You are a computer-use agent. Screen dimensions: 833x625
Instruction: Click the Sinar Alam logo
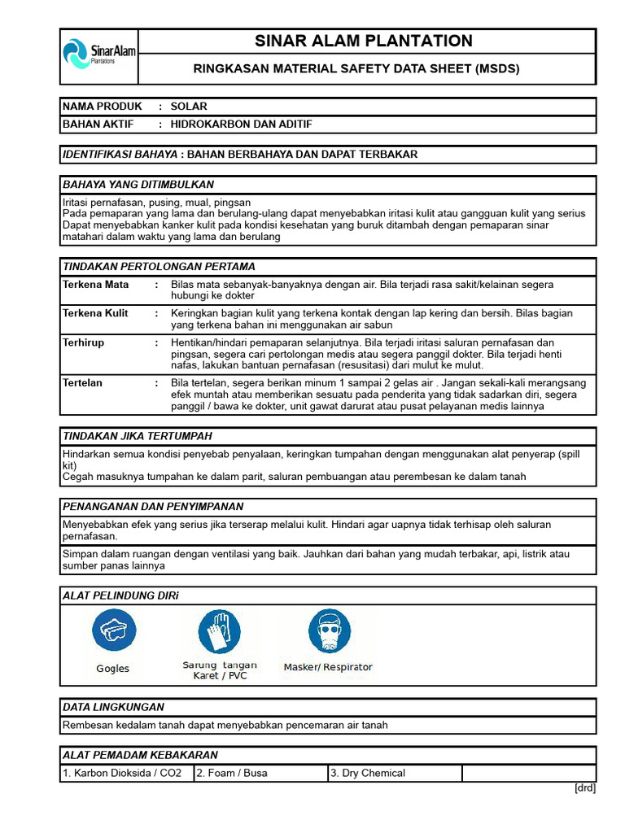99,55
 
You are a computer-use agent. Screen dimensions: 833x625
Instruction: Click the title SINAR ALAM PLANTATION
364,41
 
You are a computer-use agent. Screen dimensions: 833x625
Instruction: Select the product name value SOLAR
189,107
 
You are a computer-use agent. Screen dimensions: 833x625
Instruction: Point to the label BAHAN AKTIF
98,124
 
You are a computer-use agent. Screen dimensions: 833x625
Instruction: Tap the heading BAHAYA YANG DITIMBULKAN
138,185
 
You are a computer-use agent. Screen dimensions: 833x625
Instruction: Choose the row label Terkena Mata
95,285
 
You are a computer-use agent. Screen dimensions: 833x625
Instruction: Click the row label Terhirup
84,343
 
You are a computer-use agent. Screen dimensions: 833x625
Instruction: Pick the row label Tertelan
83,382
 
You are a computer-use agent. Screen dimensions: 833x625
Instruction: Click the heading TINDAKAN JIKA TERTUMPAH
142,436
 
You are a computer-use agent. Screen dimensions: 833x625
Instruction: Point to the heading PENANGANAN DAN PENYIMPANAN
153,506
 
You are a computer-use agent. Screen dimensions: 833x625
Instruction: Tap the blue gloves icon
219,631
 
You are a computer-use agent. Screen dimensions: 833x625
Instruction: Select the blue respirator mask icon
329,631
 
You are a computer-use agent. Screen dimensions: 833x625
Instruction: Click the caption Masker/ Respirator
328,667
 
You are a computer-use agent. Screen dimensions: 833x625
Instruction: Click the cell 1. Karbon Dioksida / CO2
127,773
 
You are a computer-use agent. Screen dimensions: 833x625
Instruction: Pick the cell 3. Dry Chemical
367,773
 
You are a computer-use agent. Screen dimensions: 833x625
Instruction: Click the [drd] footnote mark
585,787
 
